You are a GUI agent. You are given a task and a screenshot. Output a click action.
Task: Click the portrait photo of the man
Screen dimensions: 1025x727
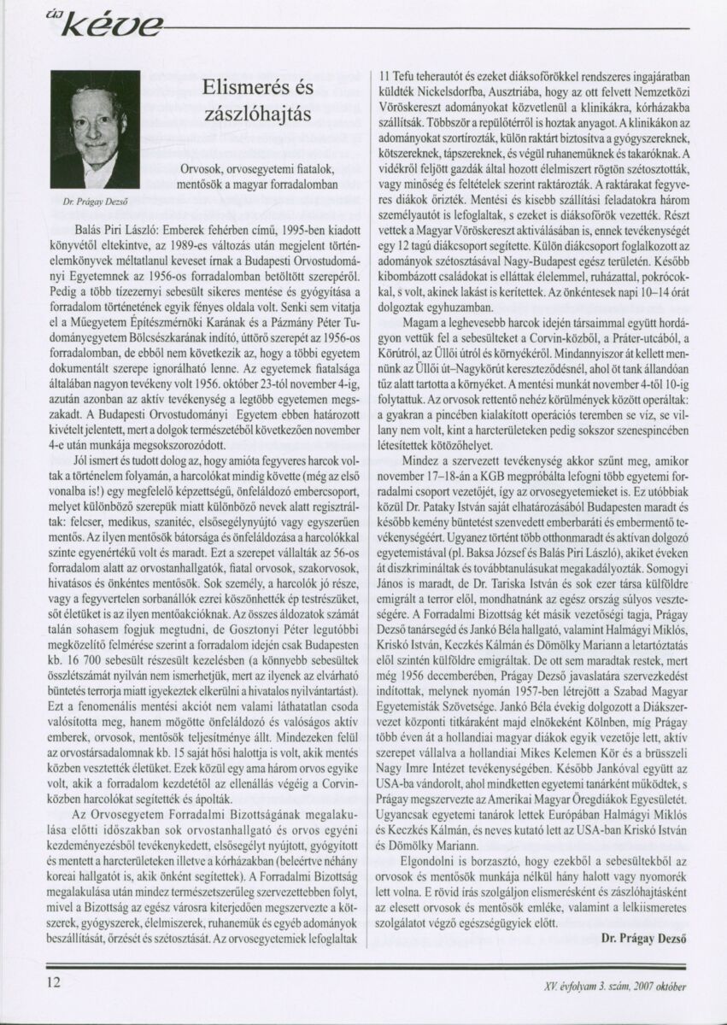(94, 130)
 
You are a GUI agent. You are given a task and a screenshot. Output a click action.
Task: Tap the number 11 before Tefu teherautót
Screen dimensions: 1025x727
(384, 74)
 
